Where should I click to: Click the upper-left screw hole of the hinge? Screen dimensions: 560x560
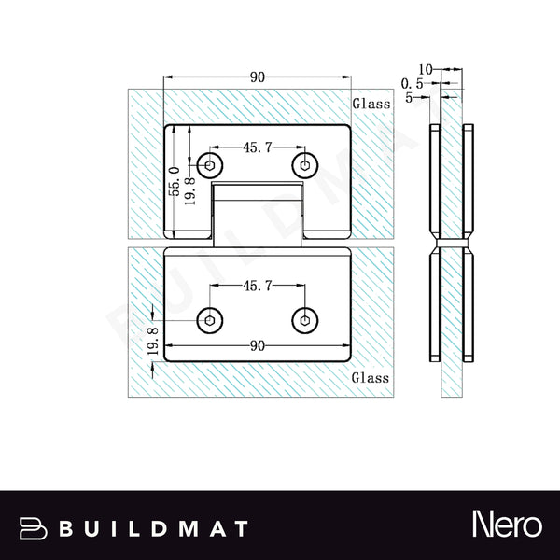[x=212, y=166]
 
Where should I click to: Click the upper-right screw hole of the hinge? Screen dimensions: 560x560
[x=303, y=166]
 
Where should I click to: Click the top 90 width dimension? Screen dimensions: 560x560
[x=258, y=77]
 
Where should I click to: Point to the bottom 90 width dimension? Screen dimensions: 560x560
[x=258, y=345]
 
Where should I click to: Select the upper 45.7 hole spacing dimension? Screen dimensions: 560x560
[x=258, y=147]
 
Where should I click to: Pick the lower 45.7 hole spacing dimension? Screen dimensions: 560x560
[x=258, y=287]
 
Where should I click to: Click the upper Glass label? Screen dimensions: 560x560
[x=371, y=105]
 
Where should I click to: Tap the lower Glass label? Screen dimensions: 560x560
[x=371, y=378]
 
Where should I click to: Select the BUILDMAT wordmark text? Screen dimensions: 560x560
[x=154, y=528]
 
